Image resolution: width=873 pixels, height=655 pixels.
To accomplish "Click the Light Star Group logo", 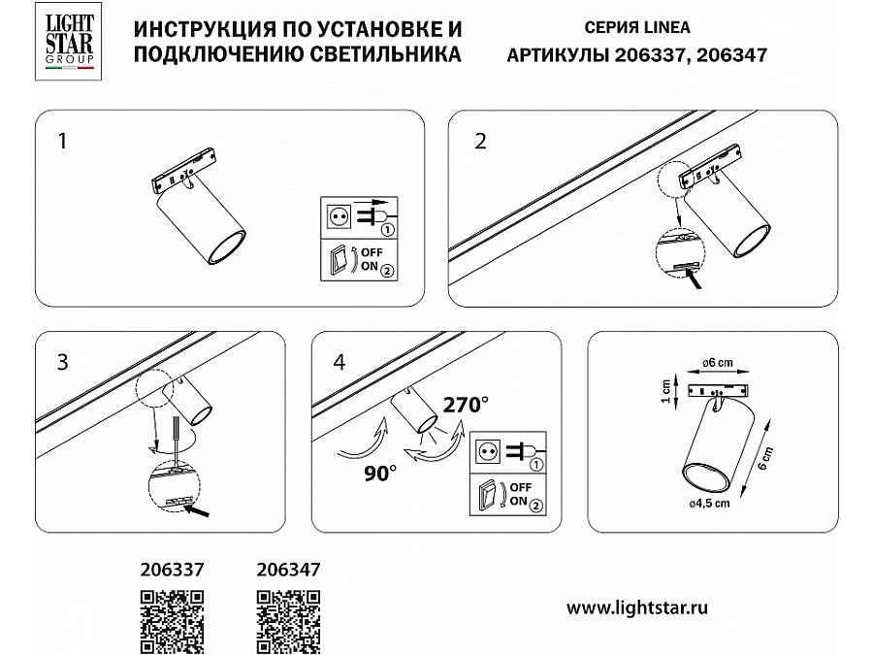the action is point(69,41).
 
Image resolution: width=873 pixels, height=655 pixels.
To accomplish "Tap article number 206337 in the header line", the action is point(649,54).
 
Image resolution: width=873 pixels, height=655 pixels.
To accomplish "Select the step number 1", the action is point(62,141).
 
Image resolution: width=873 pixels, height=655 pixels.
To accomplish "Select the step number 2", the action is point(480,141).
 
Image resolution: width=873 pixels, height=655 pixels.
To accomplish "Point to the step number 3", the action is point(62,362).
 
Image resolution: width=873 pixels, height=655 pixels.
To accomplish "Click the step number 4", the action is point(339,362).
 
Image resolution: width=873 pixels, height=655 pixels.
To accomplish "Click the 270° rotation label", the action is point(466,405).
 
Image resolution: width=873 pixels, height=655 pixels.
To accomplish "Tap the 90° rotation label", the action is point(380,473).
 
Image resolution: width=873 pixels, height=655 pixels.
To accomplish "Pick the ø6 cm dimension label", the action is point(718,363).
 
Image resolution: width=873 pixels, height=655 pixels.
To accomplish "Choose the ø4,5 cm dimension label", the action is point(709,503).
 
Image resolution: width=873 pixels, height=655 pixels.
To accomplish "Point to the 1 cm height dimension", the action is point(665,392).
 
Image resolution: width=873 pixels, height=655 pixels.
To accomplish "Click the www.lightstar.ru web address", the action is point(637,607).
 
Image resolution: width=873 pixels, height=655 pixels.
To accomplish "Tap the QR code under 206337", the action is point(172,623).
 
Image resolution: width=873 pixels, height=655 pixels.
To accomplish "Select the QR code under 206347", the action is point(288,623).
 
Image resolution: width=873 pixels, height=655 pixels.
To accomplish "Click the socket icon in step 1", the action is point(338,216).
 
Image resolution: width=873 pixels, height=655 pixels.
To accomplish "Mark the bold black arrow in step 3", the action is point(197,510).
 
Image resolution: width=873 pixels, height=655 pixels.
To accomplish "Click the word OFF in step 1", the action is point(372,252).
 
